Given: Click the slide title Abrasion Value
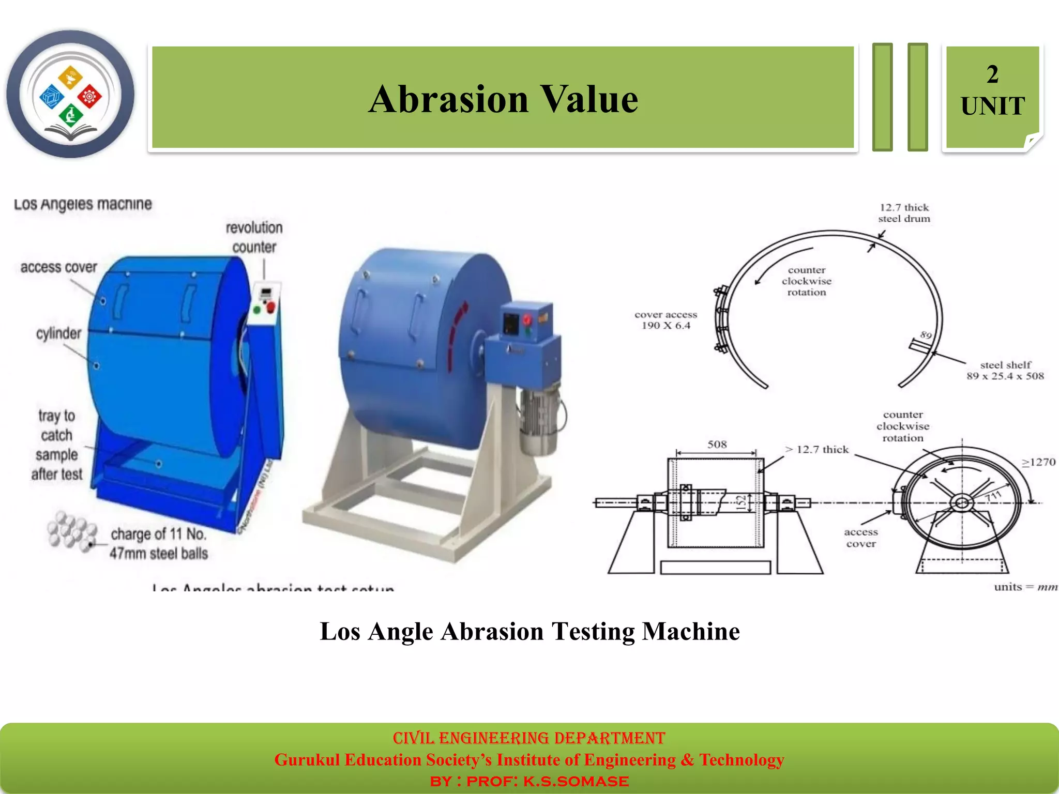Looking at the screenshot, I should tap(503, 99).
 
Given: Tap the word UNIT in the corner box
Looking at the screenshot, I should tap(992, 106).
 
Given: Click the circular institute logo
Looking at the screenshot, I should tap(70, 94).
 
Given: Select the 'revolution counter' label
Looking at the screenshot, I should tap(254, 237).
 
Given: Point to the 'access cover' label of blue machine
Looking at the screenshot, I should tap(58, 267).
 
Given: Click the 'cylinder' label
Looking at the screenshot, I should tap(58, 333).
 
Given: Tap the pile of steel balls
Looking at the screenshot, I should tap(71, 530).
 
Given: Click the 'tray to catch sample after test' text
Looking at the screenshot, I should tap(57, 445).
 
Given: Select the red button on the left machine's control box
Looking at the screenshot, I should tap(270, 309).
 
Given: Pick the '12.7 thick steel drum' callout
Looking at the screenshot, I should tap(903, 213).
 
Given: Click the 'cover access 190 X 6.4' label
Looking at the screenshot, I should tap(665, 320).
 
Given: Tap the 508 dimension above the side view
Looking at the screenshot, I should tap(717, 444).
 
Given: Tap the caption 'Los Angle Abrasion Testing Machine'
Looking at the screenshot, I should tap(529, 631).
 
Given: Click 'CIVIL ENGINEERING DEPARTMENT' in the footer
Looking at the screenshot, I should tap(528, 738).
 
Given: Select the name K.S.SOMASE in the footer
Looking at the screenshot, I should tap(576, 781).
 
